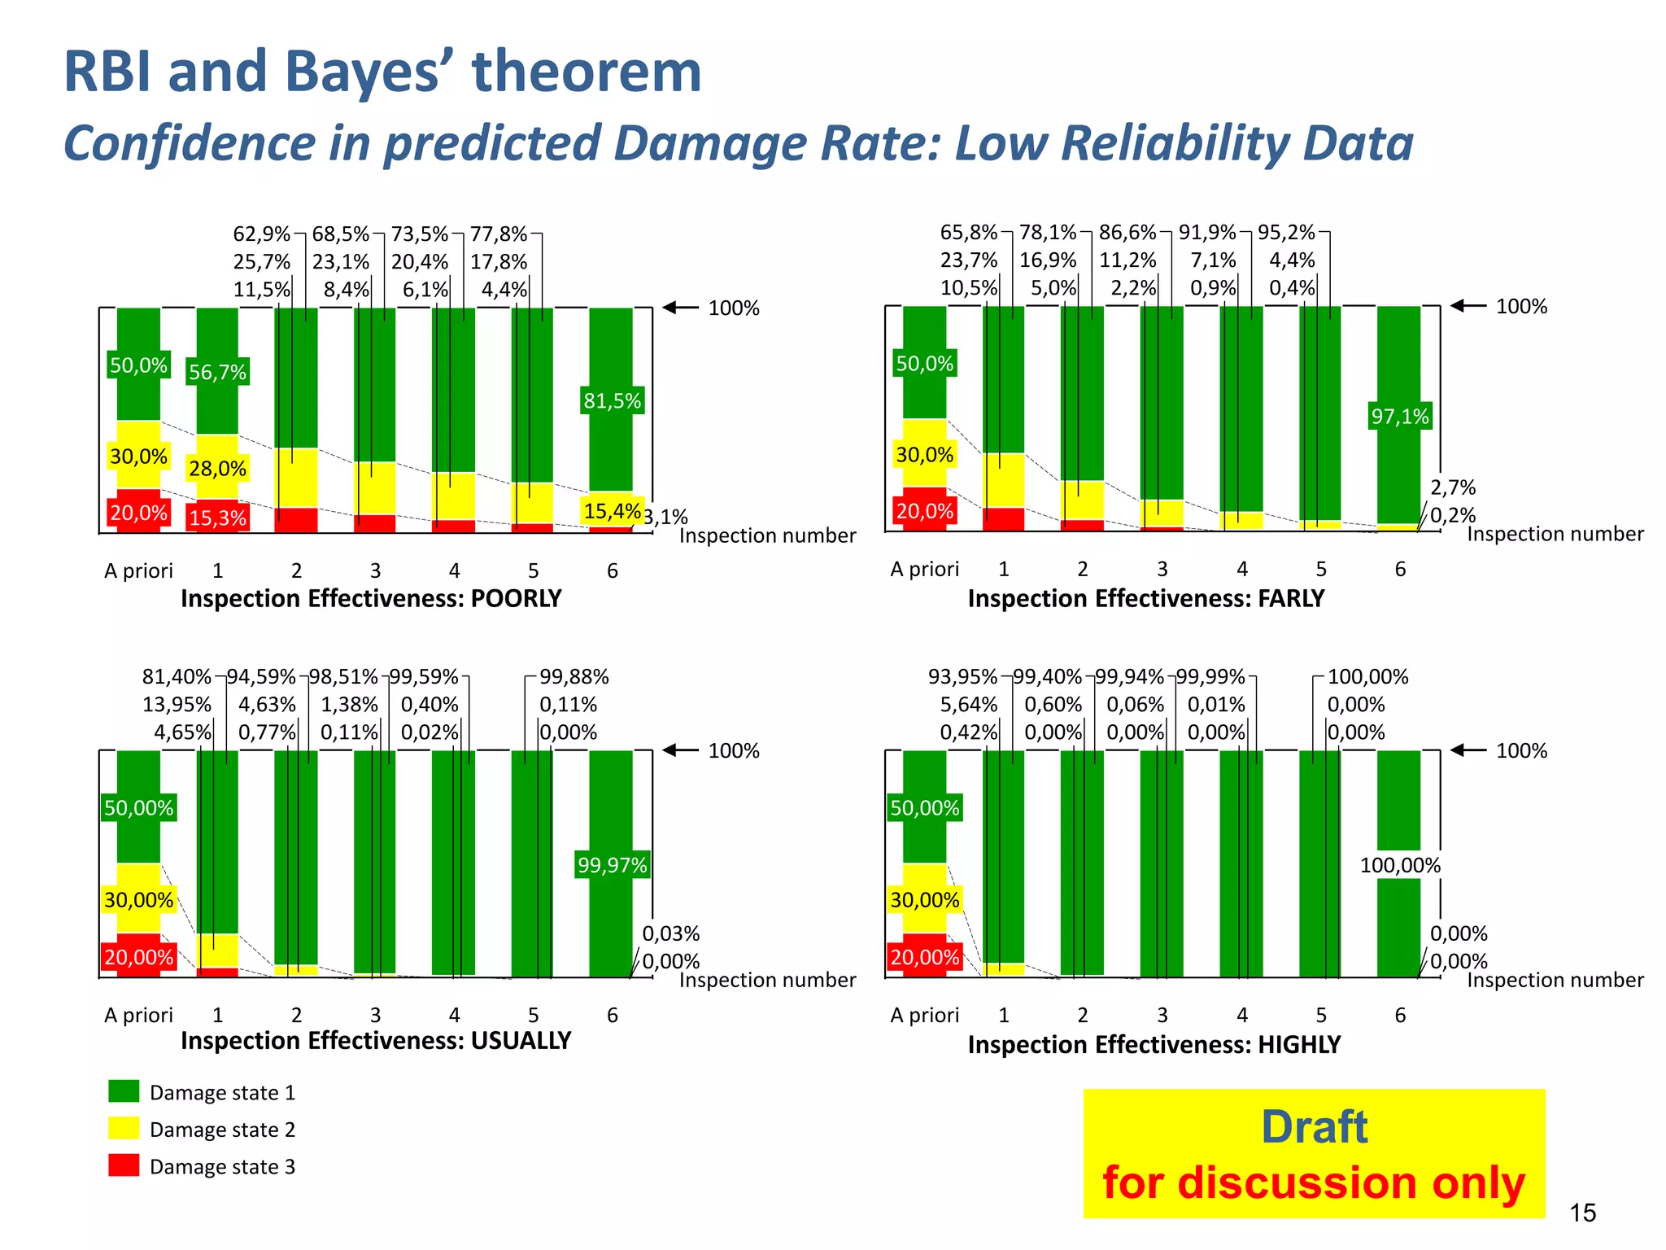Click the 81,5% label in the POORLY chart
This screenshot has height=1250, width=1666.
pyautogui.click(x=612, y=400)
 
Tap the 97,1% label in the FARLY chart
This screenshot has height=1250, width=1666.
pyautogui.click(x=1399, y=417)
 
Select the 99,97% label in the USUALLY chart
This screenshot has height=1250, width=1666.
pyautogui.click(x=612, y=864)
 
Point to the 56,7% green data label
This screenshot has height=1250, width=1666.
pyautogui.click(x=217, y=372)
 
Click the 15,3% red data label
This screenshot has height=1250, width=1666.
pyautogui.click(x=217, y=518)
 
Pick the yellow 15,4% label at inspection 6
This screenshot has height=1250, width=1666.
pyautogui.click(x=612, y=511)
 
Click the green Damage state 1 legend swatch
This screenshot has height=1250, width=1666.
pyautogui.click(x=124, y=1091)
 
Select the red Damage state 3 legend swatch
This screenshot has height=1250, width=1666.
pyautogui.click(x=124, y=1165)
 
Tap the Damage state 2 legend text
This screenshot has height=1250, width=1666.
pyautogui.click(x=222, y=1130)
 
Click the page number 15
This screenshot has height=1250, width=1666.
pyautogui.click(x=1582, y=1213)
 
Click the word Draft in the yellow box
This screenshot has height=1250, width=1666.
pyautogui.click(x=1314, y=1127)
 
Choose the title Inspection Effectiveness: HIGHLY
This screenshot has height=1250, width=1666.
pyautogui.click(x=1154, y=1044)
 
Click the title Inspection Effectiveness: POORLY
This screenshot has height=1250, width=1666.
pyautogui.click(x=371, y=598)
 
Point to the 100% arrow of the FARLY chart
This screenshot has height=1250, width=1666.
pyautogui.click(x=1469, y=306)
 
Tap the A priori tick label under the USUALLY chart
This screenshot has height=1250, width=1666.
pyautogui.click(x=138, y=1015)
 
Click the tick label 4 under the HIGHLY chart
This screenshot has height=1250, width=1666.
pyautogui.click(x=1241, y=1015)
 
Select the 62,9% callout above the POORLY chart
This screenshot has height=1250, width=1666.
pyautogui.click(x=261, y=234)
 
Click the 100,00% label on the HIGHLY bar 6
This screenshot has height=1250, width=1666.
pyautogui.click(x=1399, y=865)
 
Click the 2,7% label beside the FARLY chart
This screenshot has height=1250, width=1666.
pyautogui.click(x=1453, y=487)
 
